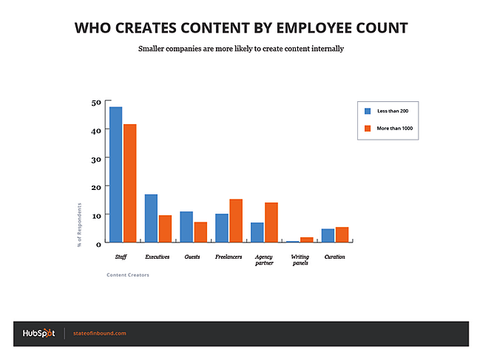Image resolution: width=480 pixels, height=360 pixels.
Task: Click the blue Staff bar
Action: click(x=115, y=174)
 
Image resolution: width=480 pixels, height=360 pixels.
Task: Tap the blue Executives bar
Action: click(x=151, y=218)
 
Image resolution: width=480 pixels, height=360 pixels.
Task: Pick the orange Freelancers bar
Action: click(x=235, y=220)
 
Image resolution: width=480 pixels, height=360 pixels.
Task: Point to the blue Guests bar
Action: click(x=186, y=227)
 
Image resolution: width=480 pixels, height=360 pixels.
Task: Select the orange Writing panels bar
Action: click(x=306, y=240)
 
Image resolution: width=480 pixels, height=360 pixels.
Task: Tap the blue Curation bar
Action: click(x=328, y=235)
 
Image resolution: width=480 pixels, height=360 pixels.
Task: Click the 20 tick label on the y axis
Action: click(x=96, y=187)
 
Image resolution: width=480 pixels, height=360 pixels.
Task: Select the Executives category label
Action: click(x=158, y=257)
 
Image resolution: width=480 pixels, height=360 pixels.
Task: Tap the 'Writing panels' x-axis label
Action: click(x=300, y=259)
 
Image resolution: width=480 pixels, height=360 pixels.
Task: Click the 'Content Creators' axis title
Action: click(x=128, y=275)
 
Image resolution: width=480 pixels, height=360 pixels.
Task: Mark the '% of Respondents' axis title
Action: click(x=80, y=224)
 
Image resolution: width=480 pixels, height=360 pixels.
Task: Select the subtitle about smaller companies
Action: click(x=240, y=49)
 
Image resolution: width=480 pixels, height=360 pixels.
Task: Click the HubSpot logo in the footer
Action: click(x=38, y=333)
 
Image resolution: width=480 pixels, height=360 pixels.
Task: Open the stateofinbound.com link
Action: click(x=100, y=333)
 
